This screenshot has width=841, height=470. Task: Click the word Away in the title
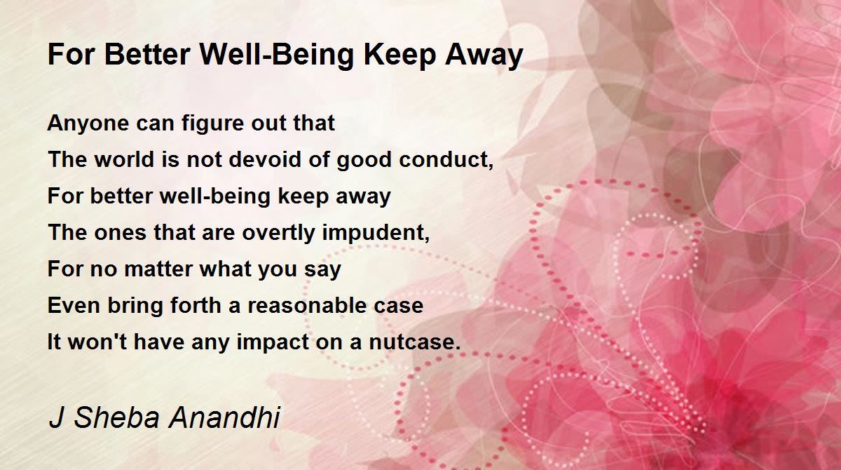484,55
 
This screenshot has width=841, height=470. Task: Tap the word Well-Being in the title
277,55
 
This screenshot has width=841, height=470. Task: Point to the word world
124,159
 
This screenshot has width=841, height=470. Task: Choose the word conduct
446,160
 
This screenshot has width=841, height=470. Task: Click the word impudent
376,233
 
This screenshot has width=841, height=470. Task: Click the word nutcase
415,342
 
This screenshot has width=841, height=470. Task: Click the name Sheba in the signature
117,417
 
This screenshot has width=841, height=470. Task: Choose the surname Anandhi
224,417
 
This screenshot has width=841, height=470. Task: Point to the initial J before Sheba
56,417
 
